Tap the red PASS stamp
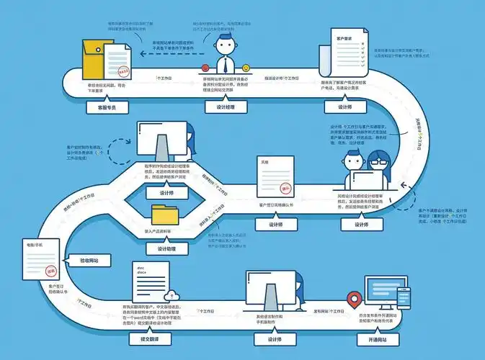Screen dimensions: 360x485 [124, 72]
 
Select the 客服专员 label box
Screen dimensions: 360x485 [102, 107]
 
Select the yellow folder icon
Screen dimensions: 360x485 [166, 215]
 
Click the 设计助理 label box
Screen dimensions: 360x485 [164, 249]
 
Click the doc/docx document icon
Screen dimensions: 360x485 [151, 281]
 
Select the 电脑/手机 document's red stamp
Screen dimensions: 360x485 [50, 271]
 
